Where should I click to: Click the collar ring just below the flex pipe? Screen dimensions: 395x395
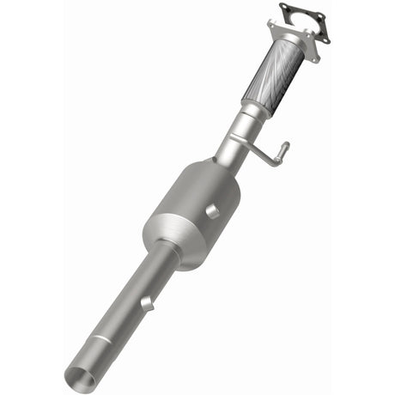click(253, 106)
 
